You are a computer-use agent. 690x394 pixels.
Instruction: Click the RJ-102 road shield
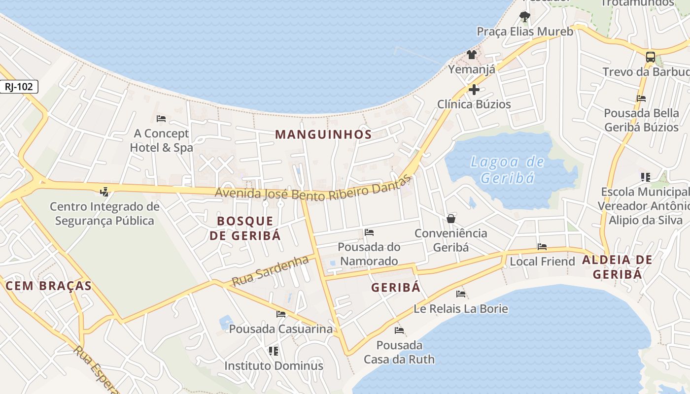[x=19, y=87]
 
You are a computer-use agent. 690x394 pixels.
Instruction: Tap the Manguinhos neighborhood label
[x=323, y=134]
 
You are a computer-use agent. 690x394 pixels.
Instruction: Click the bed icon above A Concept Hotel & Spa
[x=161, y=119]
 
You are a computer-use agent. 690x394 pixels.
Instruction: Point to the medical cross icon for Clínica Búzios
[x=474, y=90]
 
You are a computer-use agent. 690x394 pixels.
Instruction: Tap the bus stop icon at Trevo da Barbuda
[x=651, y=57]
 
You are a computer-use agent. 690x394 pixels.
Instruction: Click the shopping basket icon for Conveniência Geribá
[x=451, y=219]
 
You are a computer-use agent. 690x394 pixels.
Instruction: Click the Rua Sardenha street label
[x=270, y=271]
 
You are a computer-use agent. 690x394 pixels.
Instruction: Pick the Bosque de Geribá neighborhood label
[x=245, y=228]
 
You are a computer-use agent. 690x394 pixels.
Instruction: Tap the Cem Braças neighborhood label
[x=48, y=286]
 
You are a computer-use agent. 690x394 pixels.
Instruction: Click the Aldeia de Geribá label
[x=618, y=267]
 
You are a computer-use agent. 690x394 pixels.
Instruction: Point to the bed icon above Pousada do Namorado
[x=369, y=232]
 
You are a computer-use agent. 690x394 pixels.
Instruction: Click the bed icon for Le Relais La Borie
[x=461, y=294]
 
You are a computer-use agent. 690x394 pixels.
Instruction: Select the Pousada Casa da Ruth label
[x=399, y=352]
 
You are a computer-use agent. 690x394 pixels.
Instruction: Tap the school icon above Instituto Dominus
[x=274, y=351]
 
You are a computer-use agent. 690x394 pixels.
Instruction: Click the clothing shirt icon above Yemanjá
[x=472, y=54]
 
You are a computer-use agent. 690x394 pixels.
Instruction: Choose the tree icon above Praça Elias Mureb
[x=524, y=17]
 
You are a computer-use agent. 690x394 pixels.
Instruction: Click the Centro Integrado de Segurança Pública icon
[x=104, y=191]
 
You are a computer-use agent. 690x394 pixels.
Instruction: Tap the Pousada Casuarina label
[x=281, y=328]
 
